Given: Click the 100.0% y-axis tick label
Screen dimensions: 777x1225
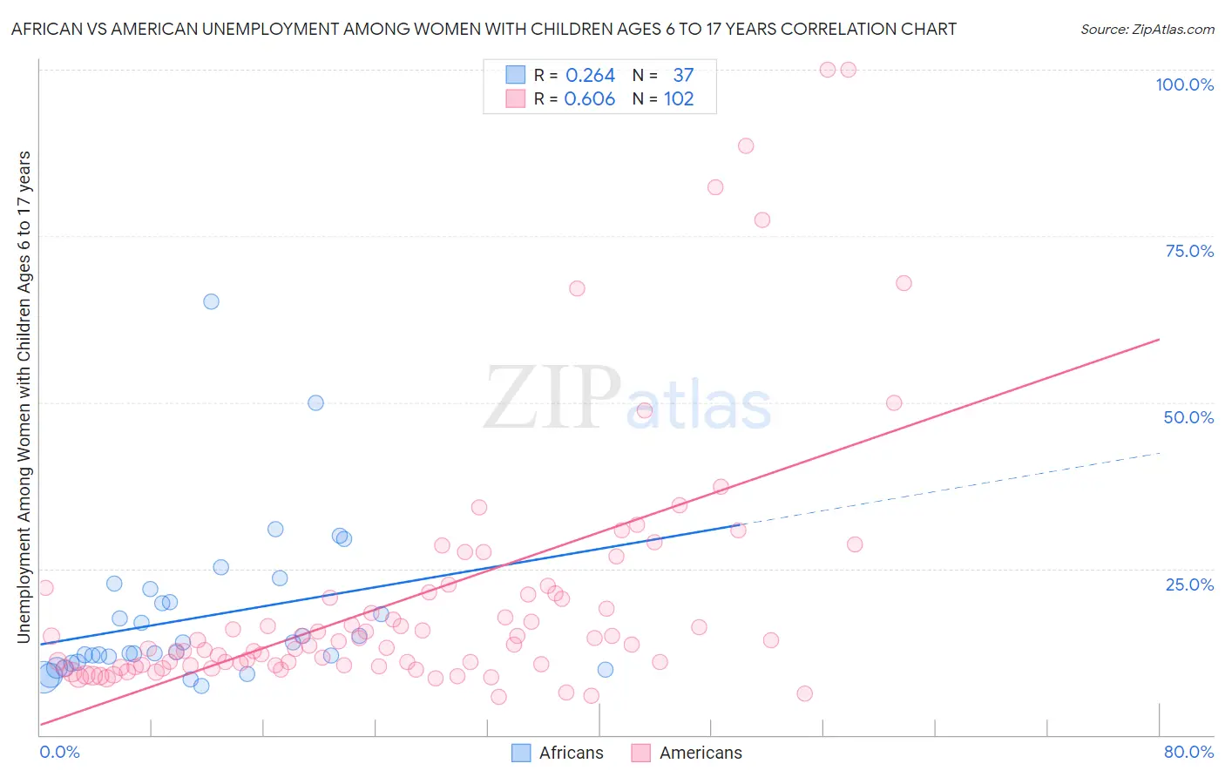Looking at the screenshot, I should (1184, 84).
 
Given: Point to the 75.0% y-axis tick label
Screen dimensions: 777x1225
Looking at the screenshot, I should (1189, 251).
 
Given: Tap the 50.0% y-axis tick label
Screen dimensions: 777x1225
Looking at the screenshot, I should (1188, 417).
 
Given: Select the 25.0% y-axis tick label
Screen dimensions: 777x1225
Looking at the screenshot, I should (1189, 584).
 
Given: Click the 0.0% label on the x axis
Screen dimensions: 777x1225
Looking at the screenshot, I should (59, 752).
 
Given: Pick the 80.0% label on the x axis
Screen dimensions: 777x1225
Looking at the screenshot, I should (1188, 752).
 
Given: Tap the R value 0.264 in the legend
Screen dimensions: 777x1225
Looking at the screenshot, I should (590, 75).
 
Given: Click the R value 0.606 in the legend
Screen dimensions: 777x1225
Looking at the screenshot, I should (590, 98).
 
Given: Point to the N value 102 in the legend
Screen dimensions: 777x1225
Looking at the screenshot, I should (679, 98).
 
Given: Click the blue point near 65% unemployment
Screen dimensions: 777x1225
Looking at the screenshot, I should (211, 301).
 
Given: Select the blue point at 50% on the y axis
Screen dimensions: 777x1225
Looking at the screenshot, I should (315, 402).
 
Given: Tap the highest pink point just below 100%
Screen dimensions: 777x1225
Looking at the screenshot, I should (828, 70).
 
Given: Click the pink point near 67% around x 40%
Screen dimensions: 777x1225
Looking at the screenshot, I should (577, 288).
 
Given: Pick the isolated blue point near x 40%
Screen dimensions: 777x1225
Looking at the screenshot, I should (606, 669).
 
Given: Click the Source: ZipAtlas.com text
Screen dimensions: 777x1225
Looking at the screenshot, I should (1147, 29).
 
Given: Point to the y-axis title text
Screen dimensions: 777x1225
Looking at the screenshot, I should (24, 396).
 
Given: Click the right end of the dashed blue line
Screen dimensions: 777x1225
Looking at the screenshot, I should (1160, 453).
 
